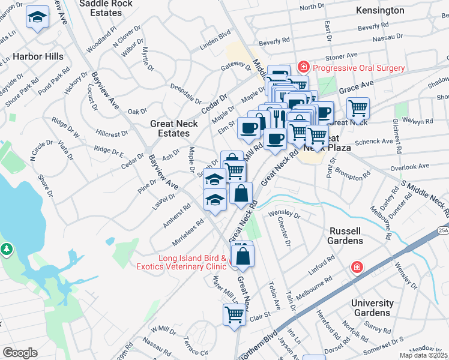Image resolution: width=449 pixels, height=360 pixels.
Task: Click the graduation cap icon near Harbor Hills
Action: (37, 19)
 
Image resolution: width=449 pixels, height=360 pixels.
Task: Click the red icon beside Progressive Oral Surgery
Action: (304, 67)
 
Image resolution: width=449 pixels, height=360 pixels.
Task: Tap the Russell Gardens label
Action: (346, 236)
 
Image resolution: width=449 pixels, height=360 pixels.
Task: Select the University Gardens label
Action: (372, 308)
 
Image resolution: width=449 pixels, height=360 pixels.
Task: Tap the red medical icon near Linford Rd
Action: (357, 266)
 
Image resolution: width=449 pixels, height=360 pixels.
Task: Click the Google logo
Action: (20, 352)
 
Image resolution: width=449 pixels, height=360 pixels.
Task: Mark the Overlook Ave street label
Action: (415, 166)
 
